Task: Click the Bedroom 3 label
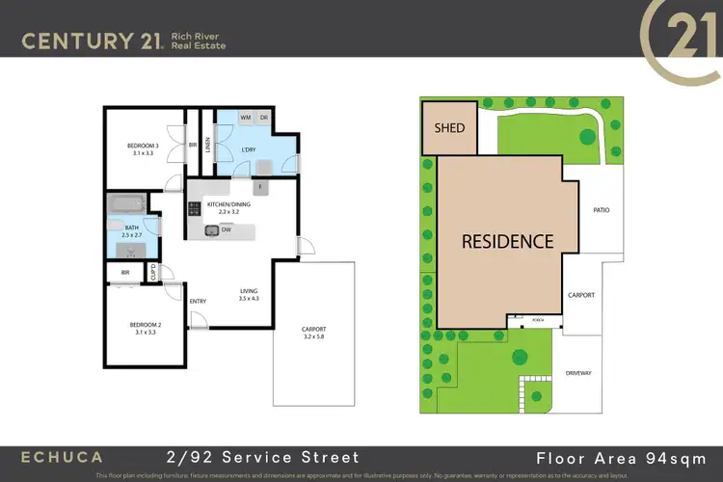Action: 143,149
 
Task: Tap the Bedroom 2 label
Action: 146,330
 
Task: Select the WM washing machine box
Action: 245,118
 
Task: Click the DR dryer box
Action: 263,118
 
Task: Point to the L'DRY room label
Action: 248,148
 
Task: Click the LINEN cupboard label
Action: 207,144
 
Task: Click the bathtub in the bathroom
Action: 127,205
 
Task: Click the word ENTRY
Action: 198,302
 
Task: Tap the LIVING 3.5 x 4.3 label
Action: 249,295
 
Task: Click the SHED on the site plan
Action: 449,128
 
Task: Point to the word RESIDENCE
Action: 506,241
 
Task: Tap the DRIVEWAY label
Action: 579,370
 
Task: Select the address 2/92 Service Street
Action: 261,458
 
